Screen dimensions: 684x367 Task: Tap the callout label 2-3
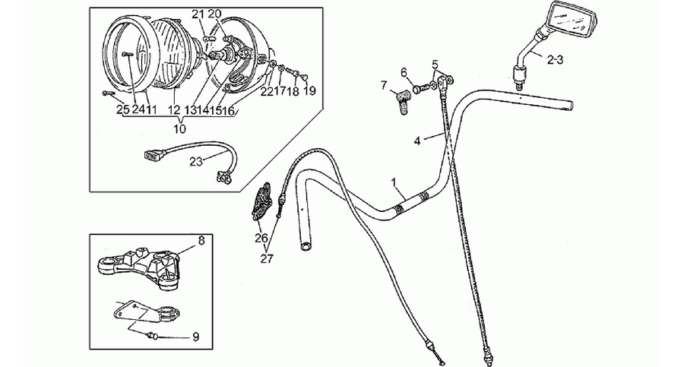tap(556, 61)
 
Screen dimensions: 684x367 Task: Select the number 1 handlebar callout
tap(394, 182)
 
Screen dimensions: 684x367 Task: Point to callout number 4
tap(417, 141)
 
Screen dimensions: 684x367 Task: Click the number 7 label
tap(384, 84)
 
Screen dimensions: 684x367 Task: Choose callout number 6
tap(403, 72)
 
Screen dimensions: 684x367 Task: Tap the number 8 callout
tap(201, 240)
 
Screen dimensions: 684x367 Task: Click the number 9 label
tap(195, 337)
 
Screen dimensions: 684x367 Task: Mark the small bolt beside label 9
tap(152, 336)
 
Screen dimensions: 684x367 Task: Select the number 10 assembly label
tap(179, 128)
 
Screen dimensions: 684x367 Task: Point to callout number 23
tap(196, 161)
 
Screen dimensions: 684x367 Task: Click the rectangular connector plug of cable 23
tap(152, 154)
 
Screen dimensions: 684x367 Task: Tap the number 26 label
tap(261, 239)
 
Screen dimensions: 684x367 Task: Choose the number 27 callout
tap(267, 258)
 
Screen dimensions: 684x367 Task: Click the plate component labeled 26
tap(261, 201)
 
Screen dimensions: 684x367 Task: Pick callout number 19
tap(309, 90)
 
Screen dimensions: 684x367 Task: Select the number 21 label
tap(198, 14)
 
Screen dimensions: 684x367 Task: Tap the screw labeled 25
tap(108, 93)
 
